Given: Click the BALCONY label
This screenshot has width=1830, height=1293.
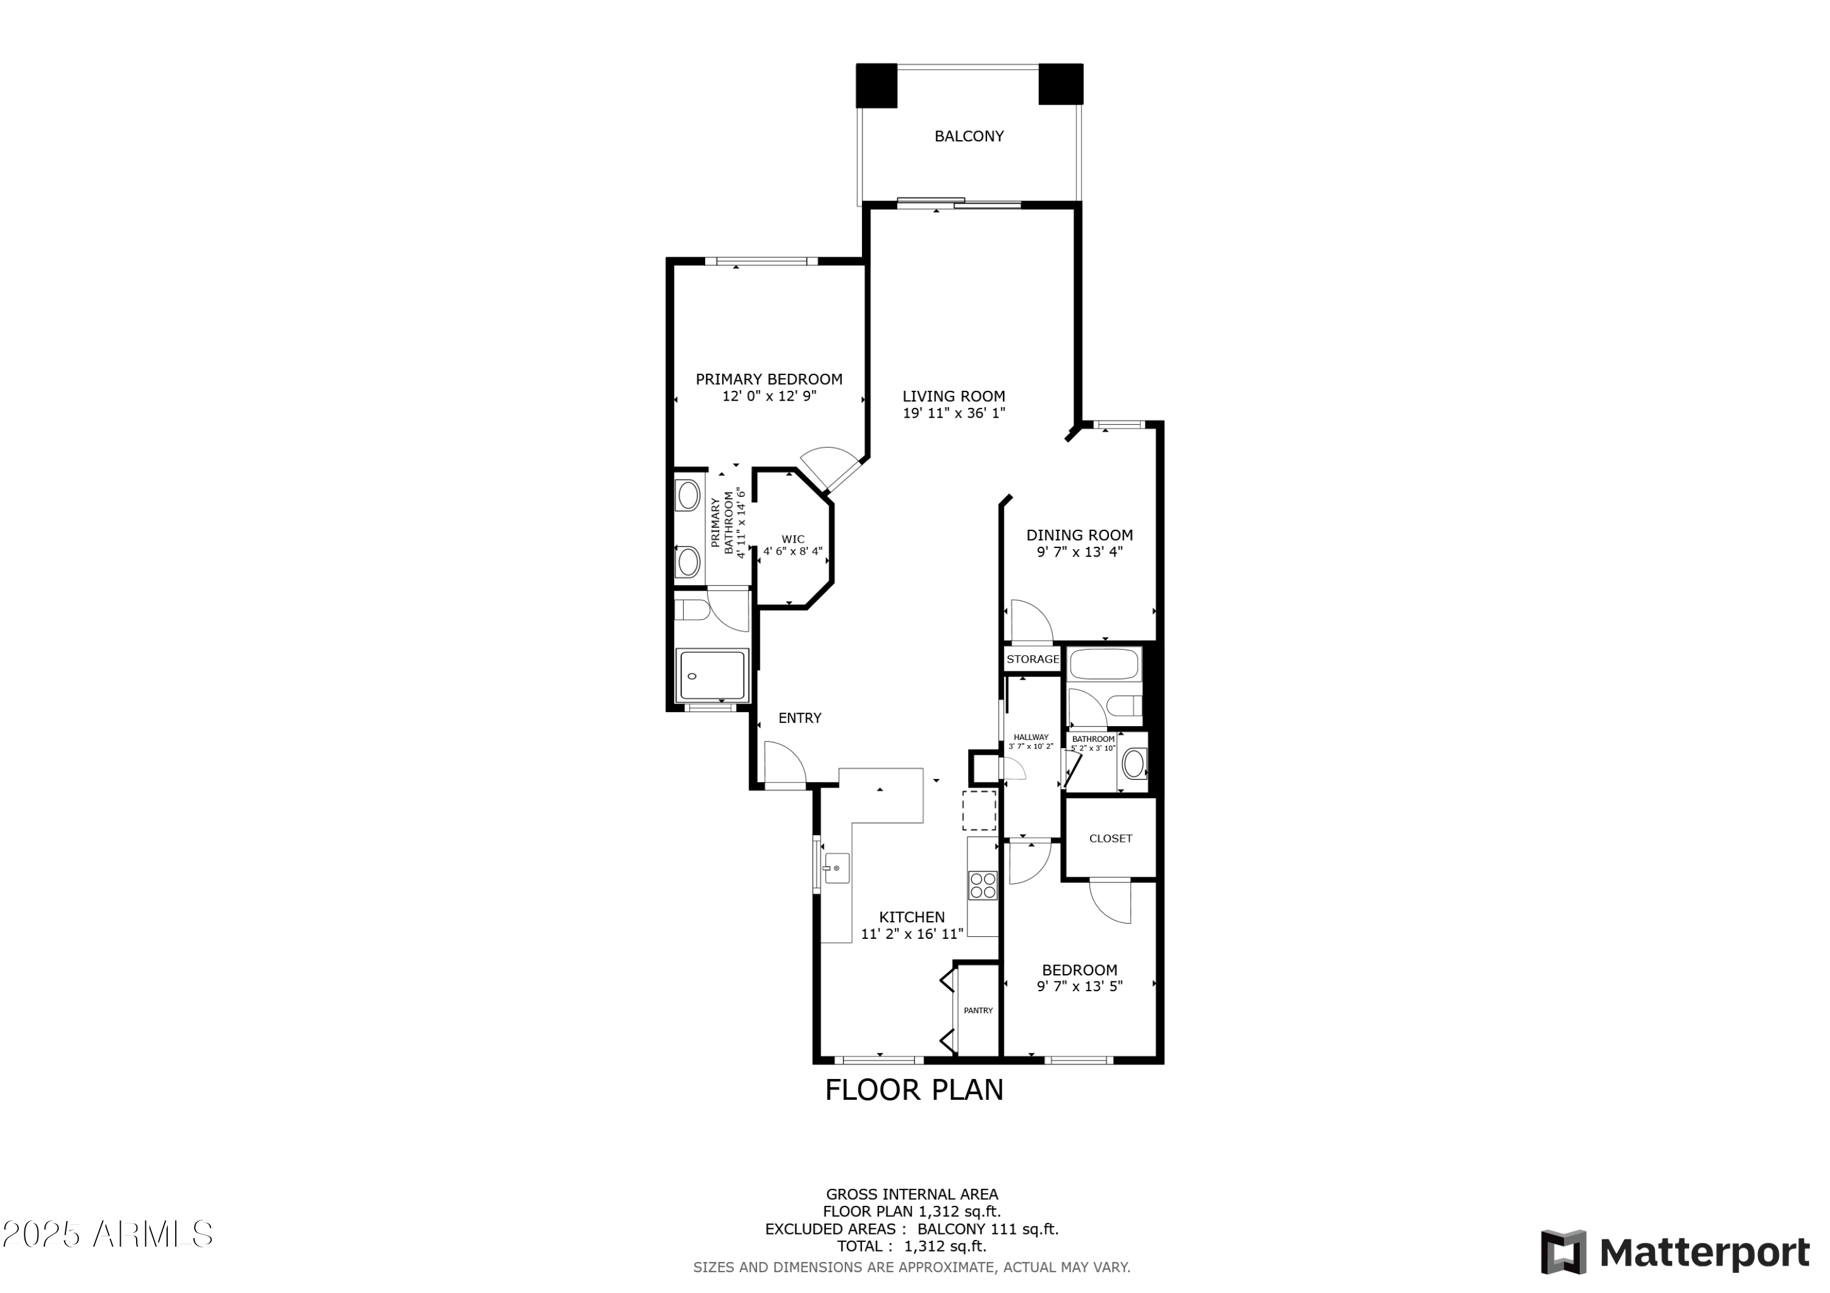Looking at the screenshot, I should [x=969, y=136].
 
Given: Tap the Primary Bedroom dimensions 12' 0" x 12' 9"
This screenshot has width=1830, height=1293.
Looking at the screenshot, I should [x=769, y=396].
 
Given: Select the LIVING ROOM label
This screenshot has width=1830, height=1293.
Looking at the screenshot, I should [x=953, y=396].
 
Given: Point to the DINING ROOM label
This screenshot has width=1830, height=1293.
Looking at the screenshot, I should [x=1079, y=535].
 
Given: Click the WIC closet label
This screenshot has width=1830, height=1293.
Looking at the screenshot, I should [x=792, y=540].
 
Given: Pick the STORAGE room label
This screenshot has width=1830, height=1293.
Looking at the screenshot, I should [x=1032, y=659].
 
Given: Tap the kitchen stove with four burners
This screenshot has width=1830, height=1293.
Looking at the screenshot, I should [x=982, y=886].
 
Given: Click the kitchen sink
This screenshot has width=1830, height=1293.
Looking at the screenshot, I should [x=837, y=868].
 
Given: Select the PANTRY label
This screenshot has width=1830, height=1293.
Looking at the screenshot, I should [x=978, y=1010].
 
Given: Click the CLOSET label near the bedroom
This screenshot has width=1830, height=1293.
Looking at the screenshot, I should [x=1110, y=838].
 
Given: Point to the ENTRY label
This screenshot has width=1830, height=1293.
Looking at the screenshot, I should [x=800, y=718].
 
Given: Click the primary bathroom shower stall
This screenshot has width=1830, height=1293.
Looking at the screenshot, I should [x=711, y=675].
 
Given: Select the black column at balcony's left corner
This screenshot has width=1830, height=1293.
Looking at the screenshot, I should [x=876, y=85].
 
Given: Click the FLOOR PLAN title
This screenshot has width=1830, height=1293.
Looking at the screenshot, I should [x=914, y=1090].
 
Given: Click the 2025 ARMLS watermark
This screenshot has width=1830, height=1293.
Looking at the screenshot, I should [x=107, y=1234].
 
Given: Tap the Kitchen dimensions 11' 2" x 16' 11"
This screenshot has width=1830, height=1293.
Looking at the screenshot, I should [x=912, y=934].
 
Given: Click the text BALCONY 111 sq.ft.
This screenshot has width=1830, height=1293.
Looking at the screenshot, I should [x=988, y=1229].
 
